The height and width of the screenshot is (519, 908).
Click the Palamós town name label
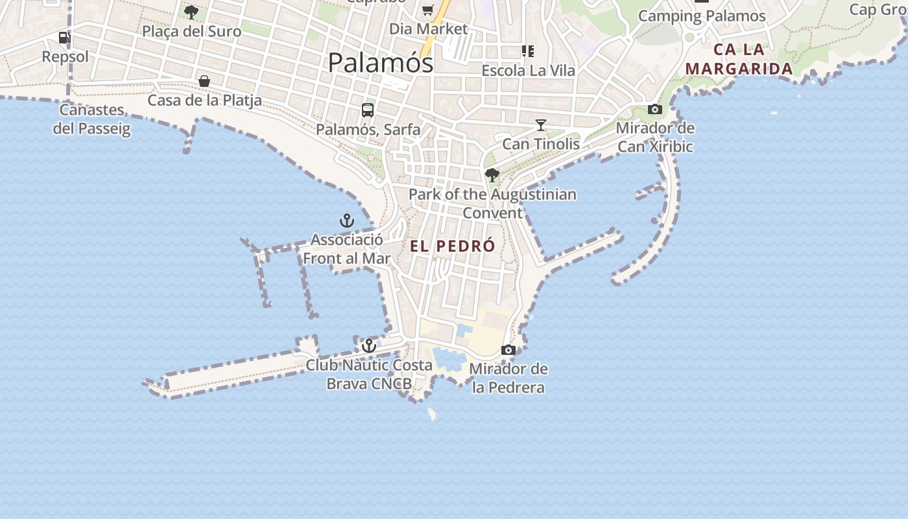pyautogui.click(x=380, y=63)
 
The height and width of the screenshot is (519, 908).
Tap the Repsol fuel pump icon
pyautogui.click(x=64, y=38)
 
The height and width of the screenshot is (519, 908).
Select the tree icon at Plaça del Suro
pyautogui.click(x=191, y=12)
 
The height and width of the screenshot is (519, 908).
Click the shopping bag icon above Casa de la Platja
pyautogui.click(x=204, y=81)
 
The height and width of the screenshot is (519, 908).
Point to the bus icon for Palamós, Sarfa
pyautogui.click(x=368, y=110)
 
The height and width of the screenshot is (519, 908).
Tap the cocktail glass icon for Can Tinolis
pyautogui.click(x=541, y=125)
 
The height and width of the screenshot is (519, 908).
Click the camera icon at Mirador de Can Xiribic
pyautogui.click(x=655, y=109)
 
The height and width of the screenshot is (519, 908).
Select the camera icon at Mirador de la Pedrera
pyautogui.click(x=508, y=350)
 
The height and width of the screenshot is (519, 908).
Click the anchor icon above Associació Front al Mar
pyautogui.click(x=347, y=221)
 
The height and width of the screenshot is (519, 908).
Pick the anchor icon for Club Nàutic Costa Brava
pyautogui.click(x=369, y=346)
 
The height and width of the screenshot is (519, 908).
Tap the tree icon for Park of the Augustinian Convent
pyautogui.click(x=492, y=175)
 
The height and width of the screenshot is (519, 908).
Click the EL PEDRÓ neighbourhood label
pyautogui.click(x=452, y=247)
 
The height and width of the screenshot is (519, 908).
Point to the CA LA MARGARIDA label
pyautogui.click(x=739, y=59)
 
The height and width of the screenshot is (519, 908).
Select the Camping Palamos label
pyautogui.click(x=702, y=16)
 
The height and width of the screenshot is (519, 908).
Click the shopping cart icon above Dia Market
pyautogui.click(x=427, y=10)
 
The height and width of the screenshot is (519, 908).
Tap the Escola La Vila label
pyautogui.click(x=528, y=70)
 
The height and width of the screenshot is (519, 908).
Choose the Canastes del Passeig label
pyautogui.click(x=91, y=119)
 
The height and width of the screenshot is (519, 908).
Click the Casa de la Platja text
pyautogui.click(x=204, y=101)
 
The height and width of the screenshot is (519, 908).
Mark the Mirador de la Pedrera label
pyautogui.click(x=508, y=378)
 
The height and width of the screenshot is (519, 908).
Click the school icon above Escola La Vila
pyautogui.click(x=528, y=51)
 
